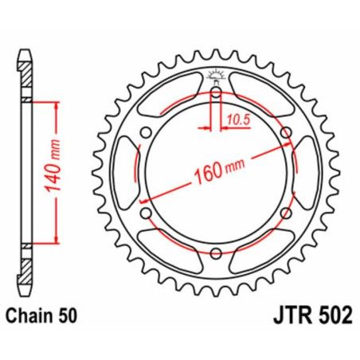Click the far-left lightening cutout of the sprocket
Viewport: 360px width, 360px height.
tap(127, 173)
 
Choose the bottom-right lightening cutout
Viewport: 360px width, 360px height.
tap(263, 252)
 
